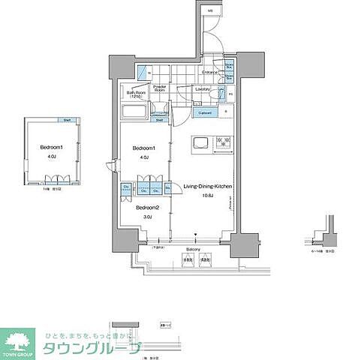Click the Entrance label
tap(209, 72)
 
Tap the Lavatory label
tap(201, 89)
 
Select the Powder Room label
tap(160, 88)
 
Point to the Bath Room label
tap(136, 94)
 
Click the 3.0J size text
tap(147, 217)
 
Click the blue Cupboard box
tap(204, 112)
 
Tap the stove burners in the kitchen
tap(222, 142)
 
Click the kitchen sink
tap(202, 142)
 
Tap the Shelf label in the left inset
tap(67, 120)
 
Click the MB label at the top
tap(211, 10)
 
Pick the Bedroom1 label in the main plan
tap(144, 148)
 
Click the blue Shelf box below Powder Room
tap(159, 120)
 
